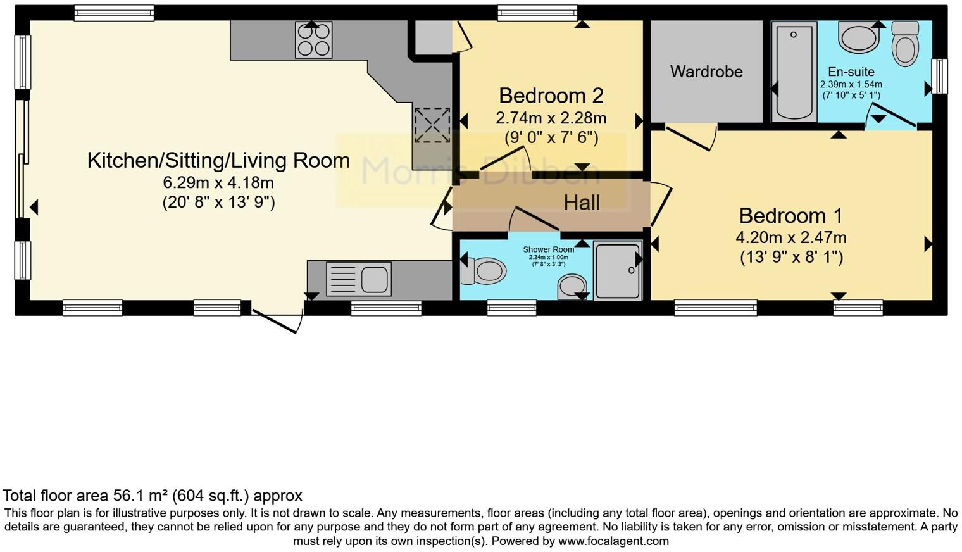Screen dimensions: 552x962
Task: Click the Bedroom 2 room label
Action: pos(551,96)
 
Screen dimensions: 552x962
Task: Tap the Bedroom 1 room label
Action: pos(790,216)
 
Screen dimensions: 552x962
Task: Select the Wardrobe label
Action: pos(706,72)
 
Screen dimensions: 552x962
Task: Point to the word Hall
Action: pos(582,203)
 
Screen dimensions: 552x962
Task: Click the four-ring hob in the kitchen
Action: pos(313,40)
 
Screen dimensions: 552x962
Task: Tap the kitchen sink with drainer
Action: pos(359,279)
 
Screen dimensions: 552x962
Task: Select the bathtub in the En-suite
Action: pos(794,71)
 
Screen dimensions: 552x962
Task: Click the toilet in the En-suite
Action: pos(906,43)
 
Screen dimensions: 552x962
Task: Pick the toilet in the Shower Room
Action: pos(484,271)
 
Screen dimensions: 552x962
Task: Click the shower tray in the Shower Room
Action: pos(618,270)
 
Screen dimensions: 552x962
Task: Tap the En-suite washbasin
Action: pos(859,37)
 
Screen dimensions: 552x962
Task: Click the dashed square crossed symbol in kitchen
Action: pos(432,125)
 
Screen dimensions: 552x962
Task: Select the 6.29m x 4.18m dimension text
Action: pos(218,183)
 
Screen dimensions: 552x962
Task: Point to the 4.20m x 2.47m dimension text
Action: pos(790,238)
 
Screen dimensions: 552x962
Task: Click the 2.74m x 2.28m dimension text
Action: pos(551,118)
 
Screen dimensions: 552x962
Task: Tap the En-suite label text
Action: pos(851,72)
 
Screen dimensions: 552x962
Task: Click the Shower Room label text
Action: pos(548,249)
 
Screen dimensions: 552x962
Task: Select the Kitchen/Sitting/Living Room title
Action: pos(218,161)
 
